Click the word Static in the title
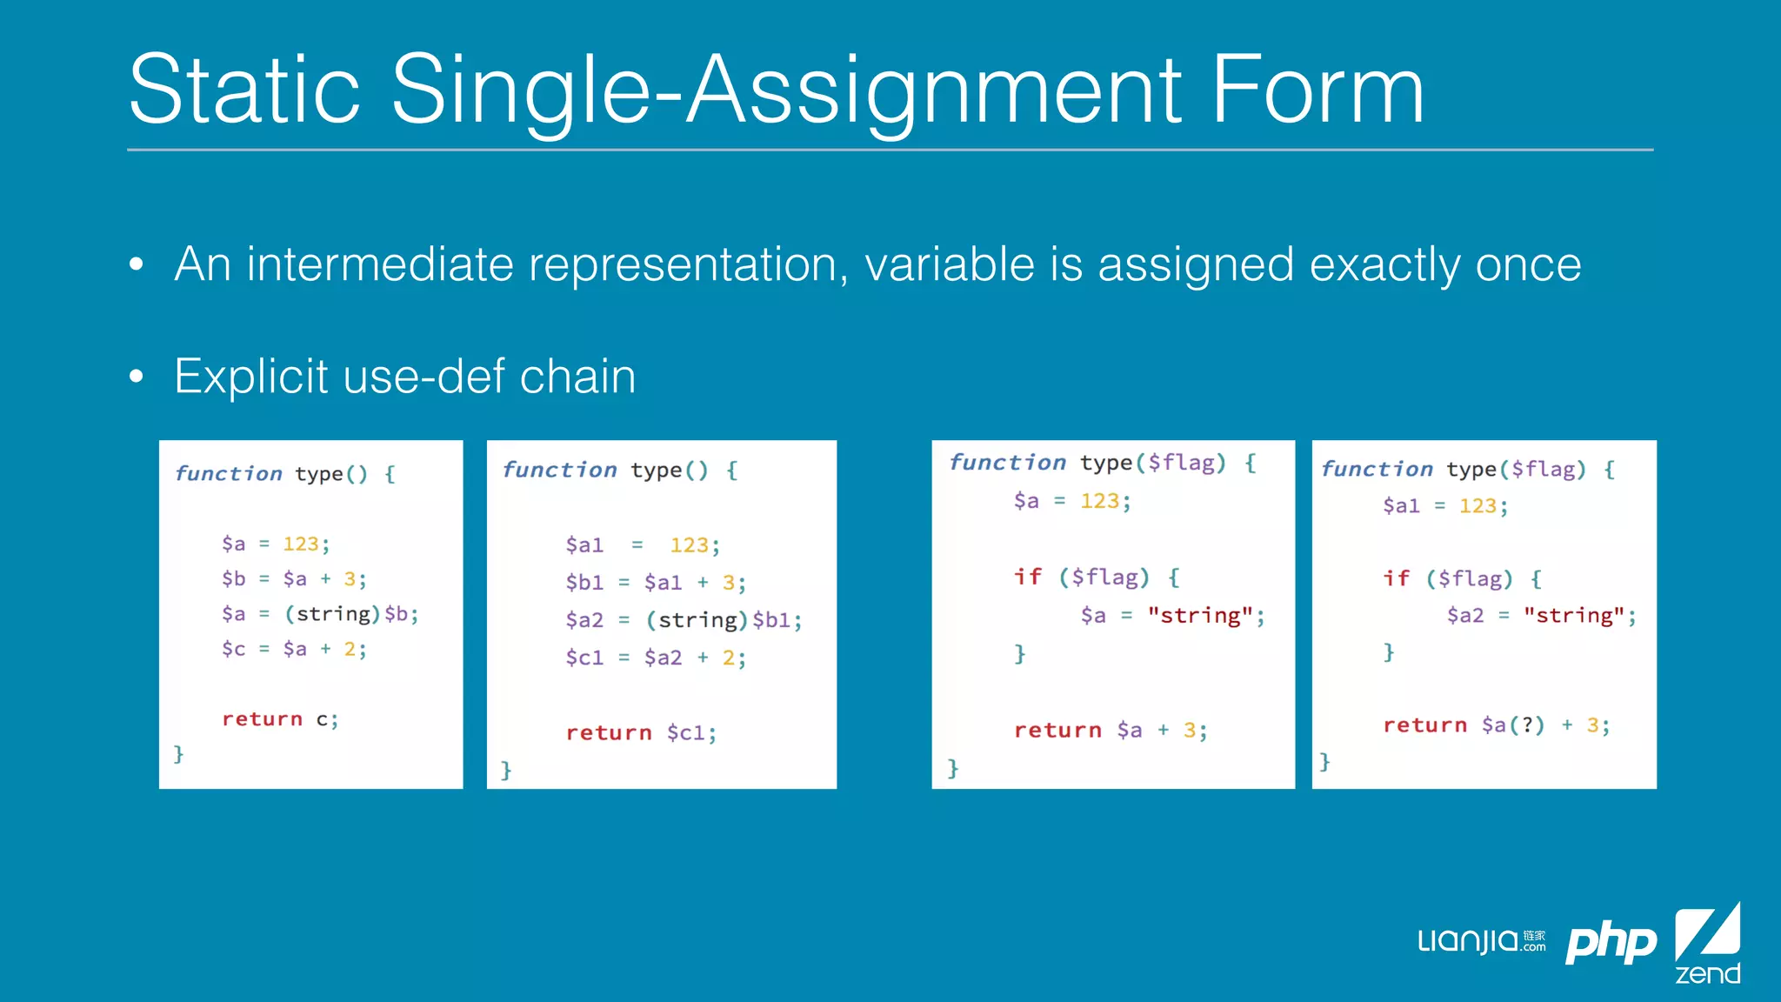pos(244,90)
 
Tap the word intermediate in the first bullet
pos(380,264)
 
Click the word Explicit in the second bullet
pos(250,377)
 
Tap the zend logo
pos(1707,944)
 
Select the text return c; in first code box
pos(279,719)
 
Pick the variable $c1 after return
pos(691,733)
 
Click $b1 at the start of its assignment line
pos(584,583)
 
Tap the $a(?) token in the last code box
pos(1512,725)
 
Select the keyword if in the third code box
pos(1027,578)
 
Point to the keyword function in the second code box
pos(559,471)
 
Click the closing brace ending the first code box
pos(178,753)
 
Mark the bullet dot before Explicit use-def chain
pos(136,377)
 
